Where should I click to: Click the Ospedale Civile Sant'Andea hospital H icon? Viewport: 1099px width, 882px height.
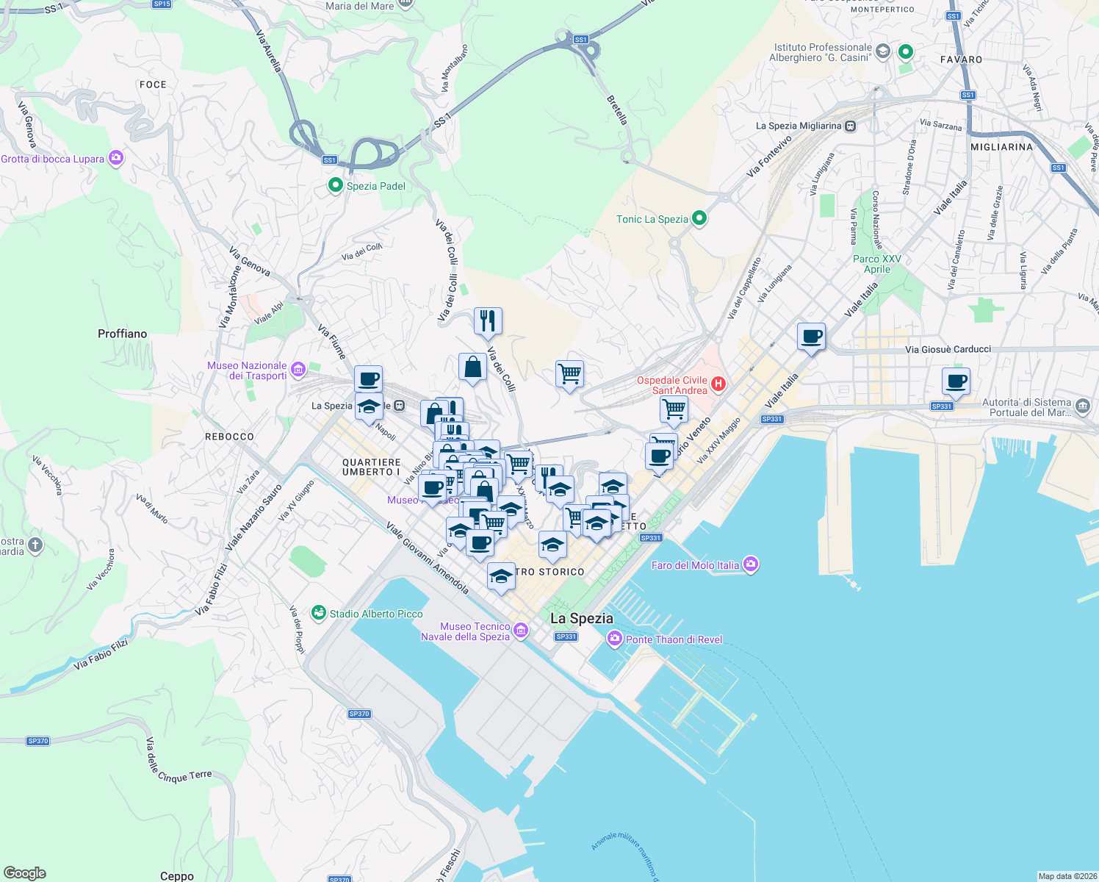[x=719, y=383]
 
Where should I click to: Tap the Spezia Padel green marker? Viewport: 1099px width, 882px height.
[x=336, y=185]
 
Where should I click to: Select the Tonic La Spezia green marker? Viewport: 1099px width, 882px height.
[x=699, y=218]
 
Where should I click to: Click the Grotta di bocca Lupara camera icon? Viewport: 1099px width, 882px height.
[x=115, y=158]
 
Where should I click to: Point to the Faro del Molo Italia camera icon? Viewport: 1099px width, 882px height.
[x=750, y=564]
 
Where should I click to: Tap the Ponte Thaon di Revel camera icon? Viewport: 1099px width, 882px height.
[x=614, y=639]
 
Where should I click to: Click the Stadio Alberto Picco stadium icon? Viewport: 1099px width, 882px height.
[x=319, y=613]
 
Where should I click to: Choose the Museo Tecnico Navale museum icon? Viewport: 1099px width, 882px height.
[x=521, y=631]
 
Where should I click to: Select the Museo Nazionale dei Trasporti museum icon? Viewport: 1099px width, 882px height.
[x=298, y=369]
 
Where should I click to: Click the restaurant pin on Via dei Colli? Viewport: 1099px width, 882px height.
[x=488, y=321]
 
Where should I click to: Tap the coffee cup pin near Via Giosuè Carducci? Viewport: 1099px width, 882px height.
[x=811, y=337]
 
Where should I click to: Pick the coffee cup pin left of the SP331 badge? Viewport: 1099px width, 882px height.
[x=956, y=382]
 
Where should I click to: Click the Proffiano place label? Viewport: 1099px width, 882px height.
[x=122, y=334]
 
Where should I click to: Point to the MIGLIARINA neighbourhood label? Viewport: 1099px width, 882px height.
[x=1001, y=147]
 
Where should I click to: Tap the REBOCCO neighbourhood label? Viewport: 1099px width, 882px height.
[x=229, y=437]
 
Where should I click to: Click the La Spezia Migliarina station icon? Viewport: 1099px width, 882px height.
[x=850, y=126]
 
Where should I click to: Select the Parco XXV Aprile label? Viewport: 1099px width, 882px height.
[x=876, y=264]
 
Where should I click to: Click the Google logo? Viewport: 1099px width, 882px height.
[x=25, y=872]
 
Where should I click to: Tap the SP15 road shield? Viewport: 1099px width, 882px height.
[x=162, y=4]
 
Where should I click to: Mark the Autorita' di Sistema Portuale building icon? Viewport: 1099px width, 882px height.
[x=1083, y=406]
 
